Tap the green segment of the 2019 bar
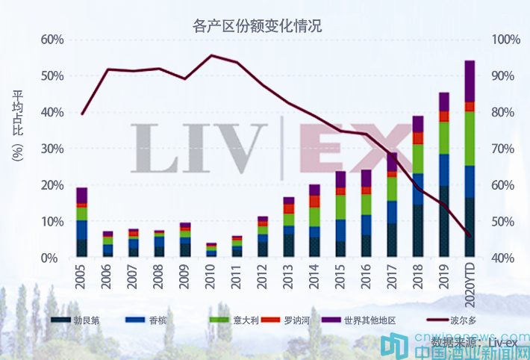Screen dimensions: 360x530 (444, 137)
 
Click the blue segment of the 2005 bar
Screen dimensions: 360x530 (82, 229)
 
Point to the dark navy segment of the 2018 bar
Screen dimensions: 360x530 (418, 231)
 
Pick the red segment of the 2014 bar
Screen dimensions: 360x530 (314, 201)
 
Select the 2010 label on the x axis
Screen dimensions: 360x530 (211, 276)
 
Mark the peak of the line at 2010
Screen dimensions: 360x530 (211, 55)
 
